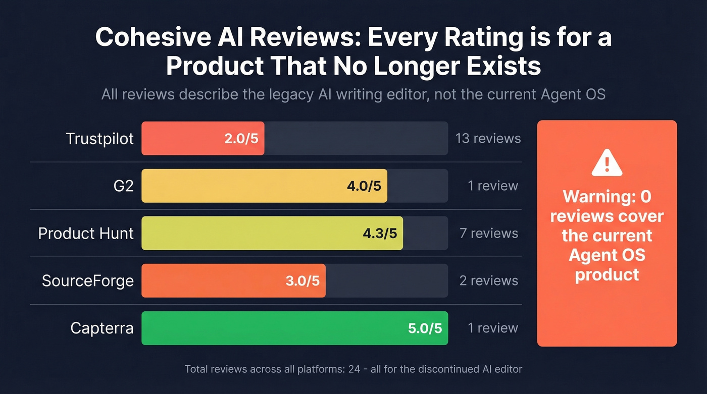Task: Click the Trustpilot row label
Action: tap(99, 139)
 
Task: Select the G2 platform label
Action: tap(123, 186)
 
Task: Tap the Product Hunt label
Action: tap(86, 234)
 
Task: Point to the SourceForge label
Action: tap(87, 280)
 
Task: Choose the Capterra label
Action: tap(102, 328)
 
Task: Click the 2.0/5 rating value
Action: tap(241, 139)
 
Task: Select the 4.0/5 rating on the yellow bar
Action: tap(364, 186)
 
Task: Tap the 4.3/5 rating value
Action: tap(380, 234)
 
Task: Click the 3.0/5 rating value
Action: tap(302, 280)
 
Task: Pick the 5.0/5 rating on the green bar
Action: tap(425, 328)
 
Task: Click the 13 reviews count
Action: tap(488, 138)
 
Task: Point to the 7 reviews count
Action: tap(488, 234)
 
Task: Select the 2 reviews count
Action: tap(488, 280)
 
